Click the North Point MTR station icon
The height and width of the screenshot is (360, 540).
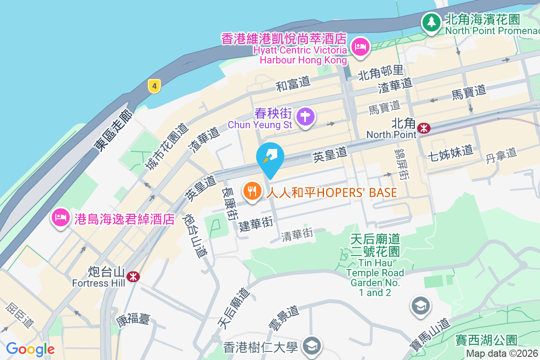coord(423,128)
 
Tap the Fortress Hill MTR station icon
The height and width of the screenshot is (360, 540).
coord(133,276)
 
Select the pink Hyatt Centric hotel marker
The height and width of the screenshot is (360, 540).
coord(360,46)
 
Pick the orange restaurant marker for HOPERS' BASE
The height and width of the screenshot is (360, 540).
coord(252,192)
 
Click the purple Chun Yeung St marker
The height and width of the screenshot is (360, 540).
coord(306,116)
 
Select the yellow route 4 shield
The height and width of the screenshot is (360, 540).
coord(154,86)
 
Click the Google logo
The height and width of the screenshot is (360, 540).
coord(30,349)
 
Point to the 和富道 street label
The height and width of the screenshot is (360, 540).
coord(293,83)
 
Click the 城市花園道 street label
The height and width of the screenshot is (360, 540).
coord(166,146)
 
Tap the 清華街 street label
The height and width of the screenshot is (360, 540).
coord(297,234)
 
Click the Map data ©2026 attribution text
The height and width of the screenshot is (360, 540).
coord(502,354)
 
